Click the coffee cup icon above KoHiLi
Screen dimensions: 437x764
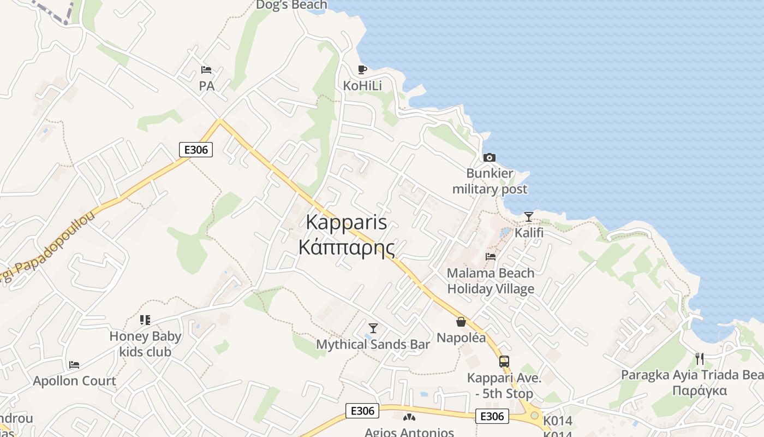click(362, 69)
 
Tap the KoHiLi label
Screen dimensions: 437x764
click(362, 86)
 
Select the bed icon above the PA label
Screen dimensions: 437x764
click(206, 69)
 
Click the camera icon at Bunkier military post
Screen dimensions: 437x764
click(490, 157)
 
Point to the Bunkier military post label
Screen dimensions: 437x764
click(490, 181)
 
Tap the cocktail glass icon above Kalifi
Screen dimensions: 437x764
click(528, 216)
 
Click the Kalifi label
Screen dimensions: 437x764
click(529, 233)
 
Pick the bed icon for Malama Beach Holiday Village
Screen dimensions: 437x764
click(491, 256)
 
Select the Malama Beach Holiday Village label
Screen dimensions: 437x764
click(491, 280)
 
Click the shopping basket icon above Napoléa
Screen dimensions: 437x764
click(461, 322)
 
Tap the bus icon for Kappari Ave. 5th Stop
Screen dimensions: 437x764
click(504, 361)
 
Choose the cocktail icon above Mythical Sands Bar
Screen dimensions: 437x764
click(373, 328)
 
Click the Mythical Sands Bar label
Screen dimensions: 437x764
click(373, 344)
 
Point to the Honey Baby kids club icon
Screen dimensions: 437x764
click(145, 320)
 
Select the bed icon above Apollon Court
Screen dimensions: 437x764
click(74, 364)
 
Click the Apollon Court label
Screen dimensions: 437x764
click(74, 381)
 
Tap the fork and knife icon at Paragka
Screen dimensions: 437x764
click(700, 359)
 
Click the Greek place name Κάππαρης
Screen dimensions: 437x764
click(347, 247)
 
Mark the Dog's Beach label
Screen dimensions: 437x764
click(292, 5)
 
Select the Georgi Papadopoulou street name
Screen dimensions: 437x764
click(49, 249)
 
